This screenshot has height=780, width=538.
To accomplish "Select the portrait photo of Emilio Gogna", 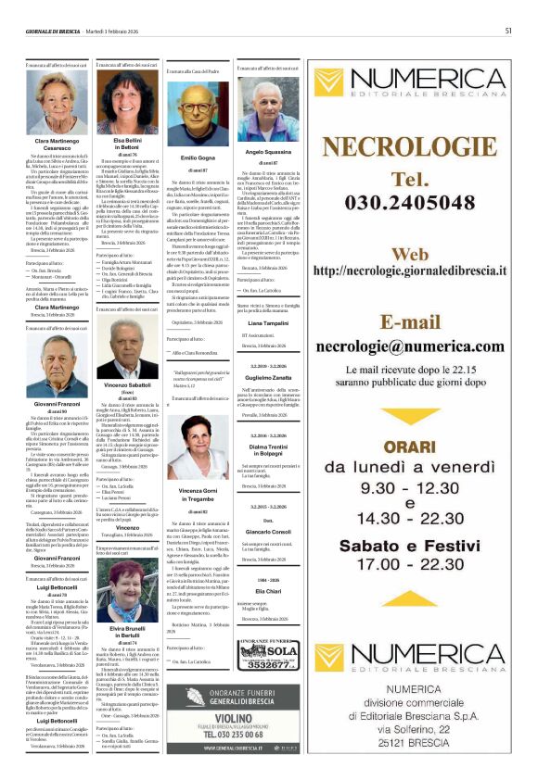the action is pos(198,115).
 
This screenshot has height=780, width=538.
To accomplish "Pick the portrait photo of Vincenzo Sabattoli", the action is pos(127,348).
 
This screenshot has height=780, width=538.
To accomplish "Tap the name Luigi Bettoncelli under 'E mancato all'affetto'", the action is pos(58,588).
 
